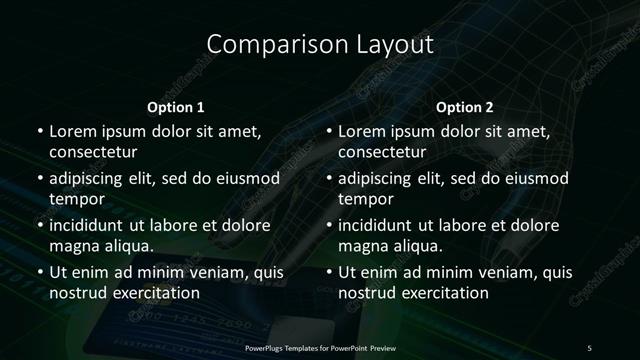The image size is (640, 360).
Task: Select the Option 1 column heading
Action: [176, 107]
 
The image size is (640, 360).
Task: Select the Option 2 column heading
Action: [465, 107]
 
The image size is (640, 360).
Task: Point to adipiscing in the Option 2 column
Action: [381, 179]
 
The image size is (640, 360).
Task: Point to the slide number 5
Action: [589, 347]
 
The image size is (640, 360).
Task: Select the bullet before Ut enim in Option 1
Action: [40, 272]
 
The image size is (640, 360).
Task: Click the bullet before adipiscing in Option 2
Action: [330, 179]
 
